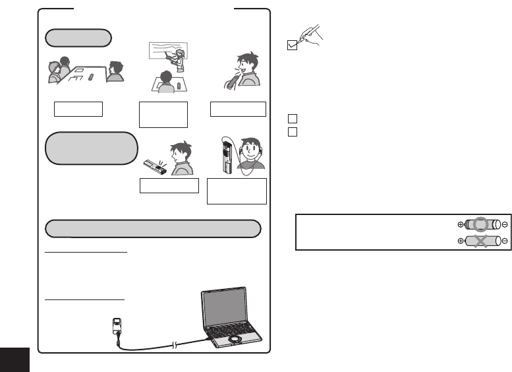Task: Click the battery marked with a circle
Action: click(x=482, y=224)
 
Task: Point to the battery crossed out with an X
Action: click(x=482, y=241)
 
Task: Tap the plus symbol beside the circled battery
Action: click(x=460, y=224)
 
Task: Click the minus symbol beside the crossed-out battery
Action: click(x=504, y=241)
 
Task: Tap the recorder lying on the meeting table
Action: click(x=91, y=78)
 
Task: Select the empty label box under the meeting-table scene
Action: click(x=78, y=109)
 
